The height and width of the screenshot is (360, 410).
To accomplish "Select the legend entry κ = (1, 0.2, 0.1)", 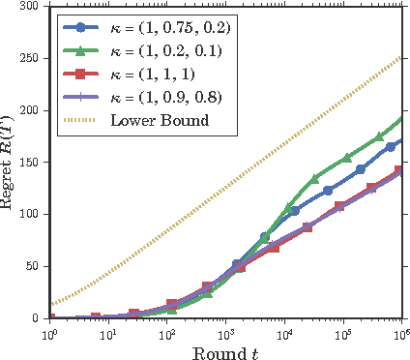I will point(161,48).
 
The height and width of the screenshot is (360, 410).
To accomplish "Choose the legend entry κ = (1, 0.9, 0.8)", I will point(161,97).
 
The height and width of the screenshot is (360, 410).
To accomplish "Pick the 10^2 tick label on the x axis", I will point(168,333).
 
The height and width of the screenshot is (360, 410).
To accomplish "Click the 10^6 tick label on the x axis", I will point(399,333).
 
